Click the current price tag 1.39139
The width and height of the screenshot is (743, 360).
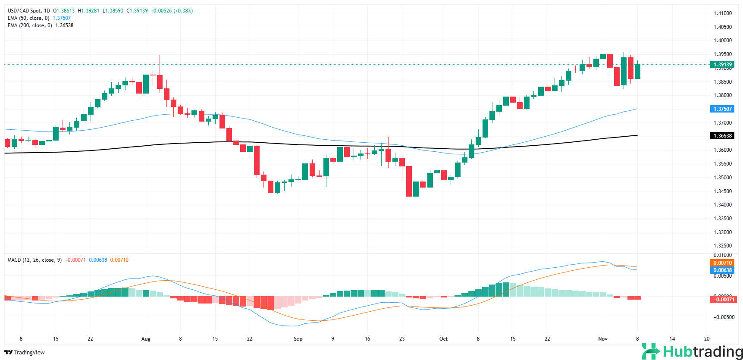pyautogui.click(x=722, y=65)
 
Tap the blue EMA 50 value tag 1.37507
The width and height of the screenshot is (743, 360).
pyautogui.click(x=722, y=109)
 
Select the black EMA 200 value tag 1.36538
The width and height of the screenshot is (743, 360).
pyautogui.click(x=722, y=136)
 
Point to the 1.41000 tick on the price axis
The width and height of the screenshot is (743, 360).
pyautogui.click(x=722, y=13)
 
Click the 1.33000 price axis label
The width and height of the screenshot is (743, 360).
pyautogui.click(x=722, y=232)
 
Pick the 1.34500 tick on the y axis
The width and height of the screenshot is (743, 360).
pyautogui.click(x=722, y=191)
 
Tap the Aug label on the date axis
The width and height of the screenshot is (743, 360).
pyautogui.click(x=146, y=339)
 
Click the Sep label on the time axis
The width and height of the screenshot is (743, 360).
pyautogui.click(x=298, y=339)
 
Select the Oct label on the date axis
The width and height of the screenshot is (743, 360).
pyautogui.click(x=443, y=339)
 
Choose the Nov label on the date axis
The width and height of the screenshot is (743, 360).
pyautogui.click(x=603, y=339)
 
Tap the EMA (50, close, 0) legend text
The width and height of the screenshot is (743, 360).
pyautogui.click(x=28, y=18)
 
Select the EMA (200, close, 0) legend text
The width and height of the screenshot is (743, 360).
pyautogui.click(x=30, y=25)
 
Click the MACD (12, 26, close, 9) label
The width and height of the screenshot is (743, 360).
pyautogui.click(x=34, y=260)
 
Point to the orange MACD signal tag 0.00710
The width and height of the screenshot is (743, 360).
pyautogui.click(x=722, y=263)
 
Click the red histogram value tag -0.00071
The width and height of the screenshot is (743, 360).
pyautogui.click(x=723, y=300)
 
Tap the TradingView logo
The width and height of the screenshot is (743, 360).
pyautogui.click(x=25, y=353)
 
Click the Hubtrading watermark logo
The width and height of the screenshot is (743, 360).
pyautogui.click(x=692, y=351)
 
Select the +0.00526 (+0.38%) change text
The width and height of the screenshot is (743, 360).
pyautogui.click(x=172, y=11)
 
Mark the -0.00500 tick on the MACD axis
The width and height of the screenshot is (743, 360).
pyautogui.click(x=724, y=317)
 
